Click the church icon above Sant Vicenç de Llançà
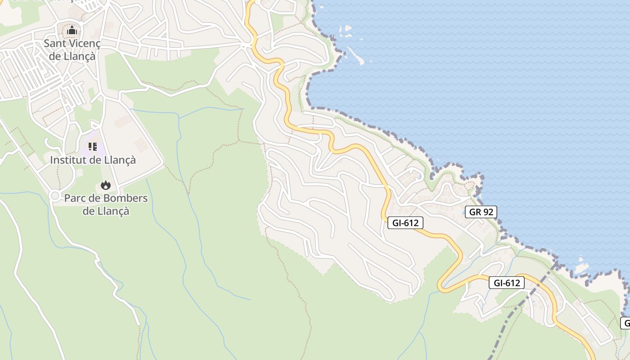tap(72, 31)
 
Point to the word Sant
tap(54, 44)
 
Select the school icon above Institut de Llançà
tap(92, 146)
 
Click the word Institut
tap(67, 160)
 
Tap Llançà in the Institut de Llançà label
tap(119, 160)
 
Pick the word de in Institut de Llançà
tap(94, 160)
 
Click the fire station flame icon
tap(106, 185)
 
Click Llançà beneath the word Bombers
tap(112, 211)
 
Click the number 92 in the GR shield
tap(488, 212)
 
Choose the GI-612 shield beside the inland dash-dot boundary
tap(507, 283)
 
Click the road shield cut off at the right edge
tap(625, 323)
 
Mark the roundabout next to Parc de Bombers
tap(55, 196)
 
